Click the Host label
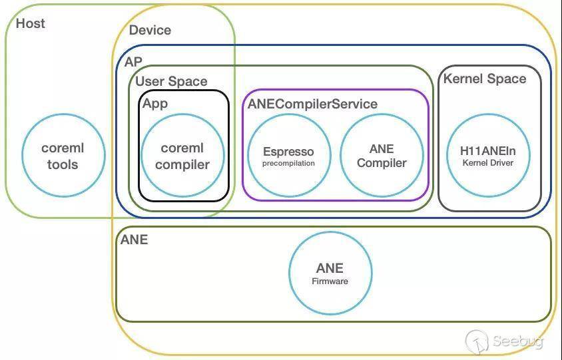click(x=31, y=23)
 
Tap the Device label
click(x=150, y=30)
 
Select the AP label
click(x=133, y=62)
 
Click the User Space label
click(x=171, y=81)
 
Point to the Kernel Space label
click(x=485, y=79)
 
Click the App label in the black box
click(x=155, y=103)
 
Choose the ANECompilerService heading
click(x=312, y=104)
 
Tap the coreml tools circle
click(x=63, y=156)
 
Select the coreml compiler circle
click(x=182, y=156)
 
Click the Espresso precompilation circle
click(x=288, y=156)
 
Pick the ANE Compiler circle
click(x=382, y=156)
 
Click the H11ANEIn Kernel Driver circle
click(x=488, y=156)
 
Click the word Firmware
click(x=330, y=281)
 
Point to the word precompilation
click(x=288, y=163)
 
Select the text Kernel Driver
click(x=488, y=163)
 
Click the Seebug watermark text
click(x=518, y=342)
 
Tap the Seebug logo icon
click(x=477, y=341)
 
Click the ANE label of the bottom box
click(x=134, y=240)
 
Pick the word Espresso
click(x=288, y=152)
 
